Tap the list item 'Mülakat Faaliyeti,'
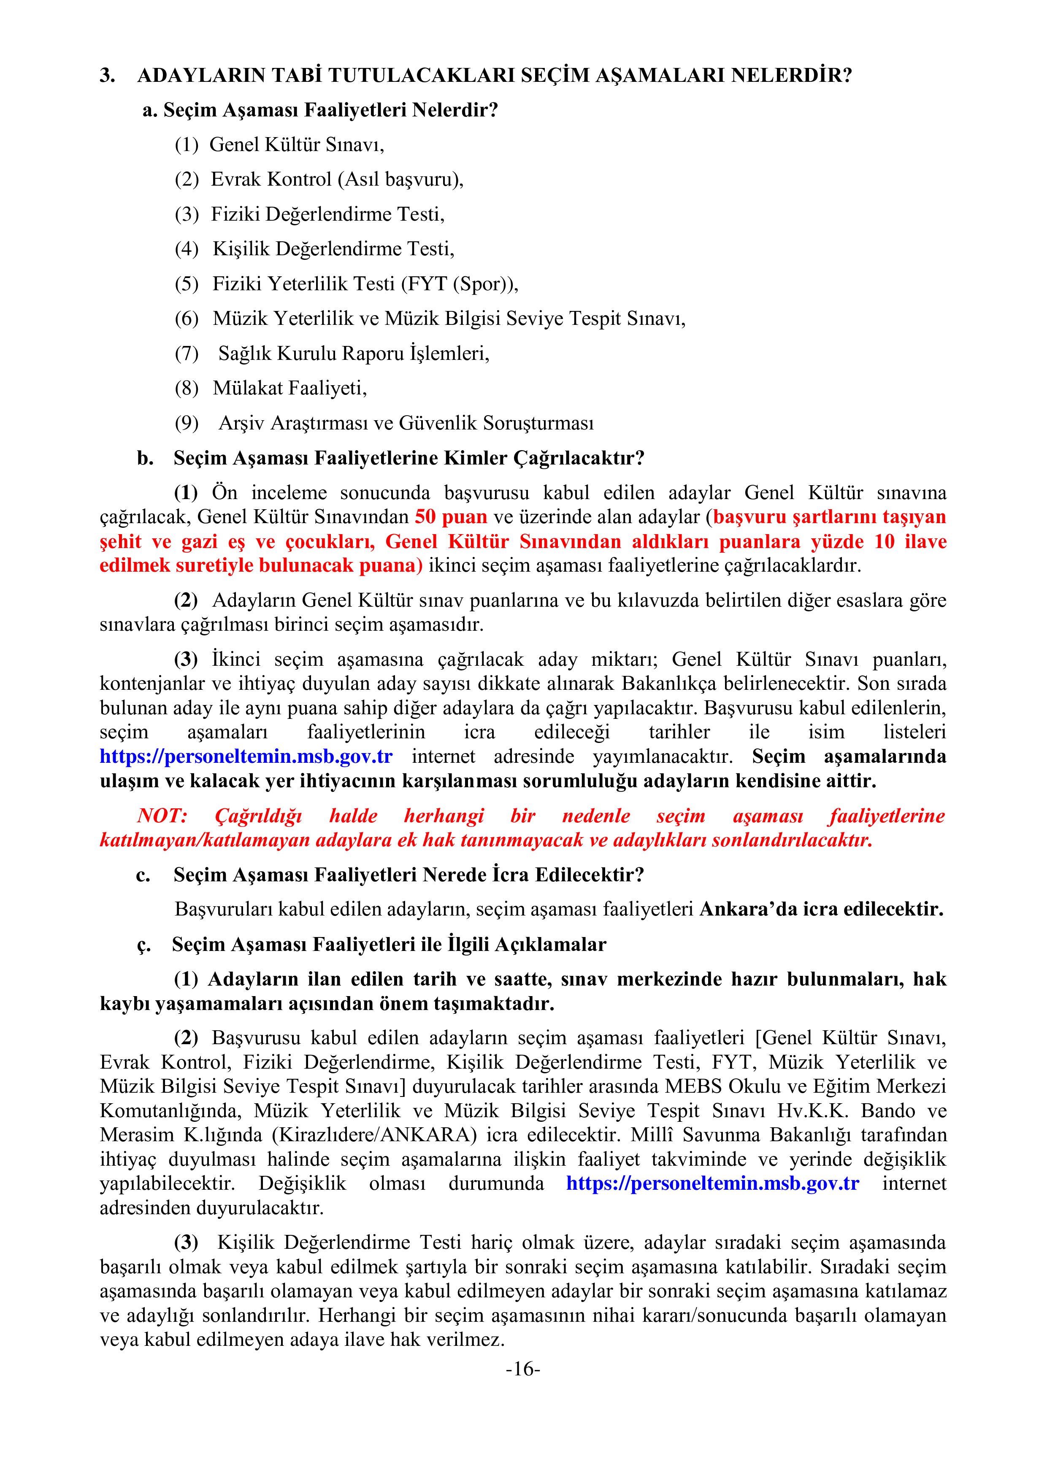coord(289,388)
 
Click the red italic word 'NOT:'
coord(162,816)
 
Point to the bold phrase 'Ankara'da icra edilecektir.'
coord(821,909)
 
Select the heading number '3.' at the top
coord(107,76)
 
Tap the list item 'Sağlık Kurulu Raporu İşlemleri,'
coord(353,353)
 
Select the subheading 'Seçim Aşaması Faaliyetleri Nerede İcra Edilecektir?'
coord(409,875)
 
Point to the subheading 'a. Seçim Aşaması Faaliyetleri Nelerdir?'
coord(320,110)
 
